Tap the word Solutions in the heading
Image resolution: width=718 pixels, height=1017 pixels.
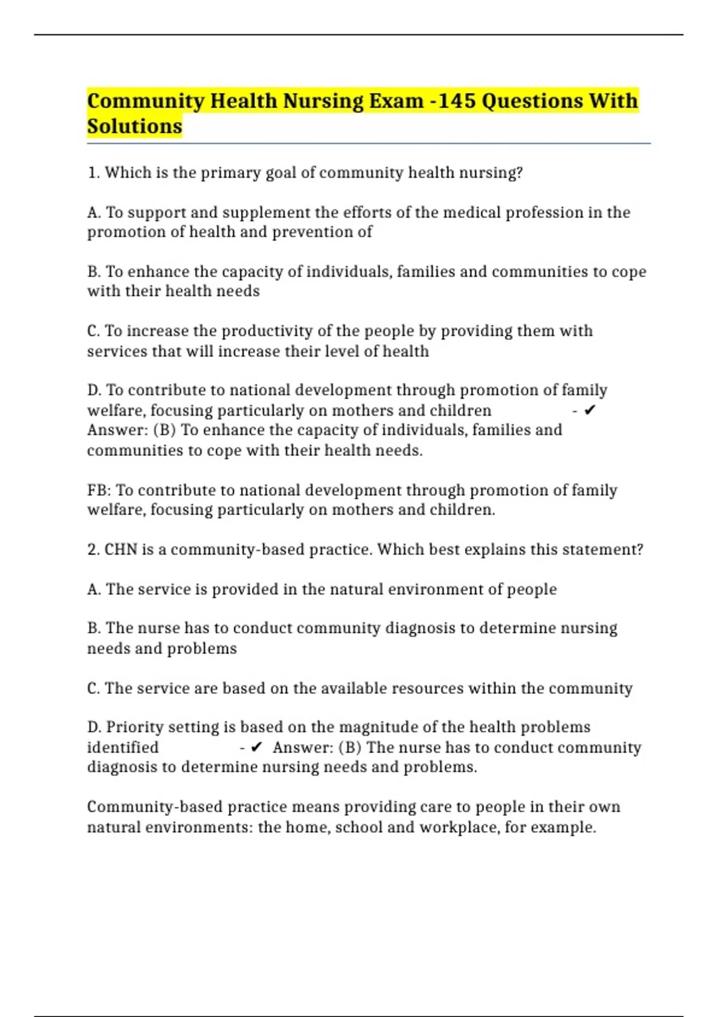tap(135, 126)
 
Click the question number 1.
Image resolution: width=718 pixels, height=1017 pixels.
tap(93, 172)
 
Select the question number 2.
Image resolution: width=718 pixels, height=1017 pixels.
tap(93, 549)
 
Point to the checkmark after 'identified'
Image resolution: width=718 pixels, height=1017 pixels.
tap(257, 747)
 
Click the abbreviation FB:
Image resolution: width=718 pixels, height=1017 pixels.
tap(99, 490)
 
